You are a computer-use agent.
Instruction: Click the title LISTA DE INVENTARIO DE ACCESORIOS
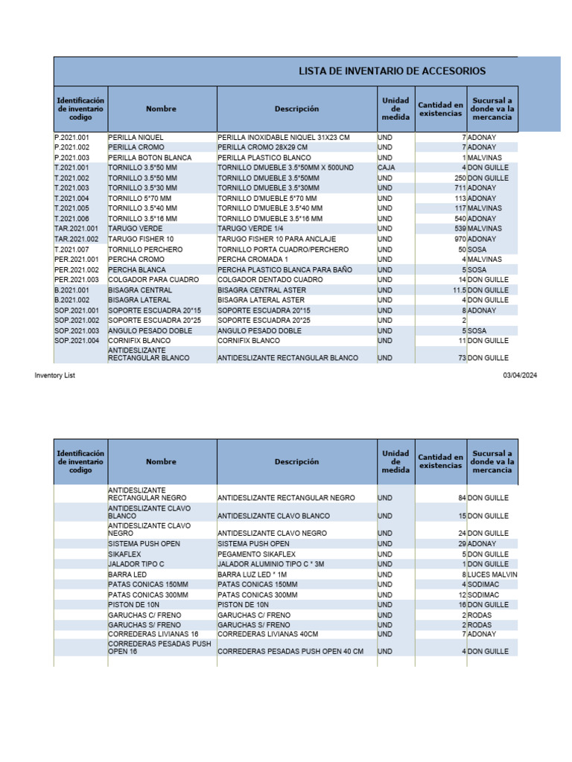(x=392, y=71)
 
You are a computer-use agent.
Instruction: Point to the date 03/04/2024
(x=520, y=376)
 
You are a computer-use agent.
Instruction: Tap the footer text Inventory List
(x=54, y=376)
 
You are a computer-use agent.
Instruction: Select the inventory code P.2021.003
(x=71, y=158)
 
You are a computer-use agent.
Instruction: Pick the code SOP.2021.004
(x=77, y=340)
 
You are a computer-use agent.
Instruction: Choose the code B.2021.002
(x=72, y=300)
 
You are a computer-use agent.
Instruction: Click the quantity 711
(x=460, y=188)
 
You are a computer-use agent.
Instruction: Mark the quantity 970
(x=460, y=239)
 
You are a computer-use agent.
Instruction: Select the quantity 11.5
(x=458, y=289)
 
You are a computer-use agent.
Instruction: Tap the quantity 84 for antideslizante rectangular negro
(x=462, y=498)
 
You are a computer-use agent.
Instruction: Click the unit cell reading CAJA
(x=387, y=168)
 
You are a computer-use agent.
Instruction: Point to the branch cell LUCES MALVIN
(x=492, y=574)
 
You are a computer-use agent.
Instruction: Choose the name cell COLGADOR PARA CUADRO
(x=153, y=279)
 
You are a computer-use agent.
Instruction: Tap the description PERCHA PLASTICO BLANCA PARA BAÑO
(x=285, y=269)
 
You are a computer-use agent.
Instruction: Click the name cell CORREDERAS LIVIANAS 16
(x=153, y=634)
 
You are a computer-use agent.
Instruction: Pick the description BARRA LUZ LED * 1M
(x=252, y=574)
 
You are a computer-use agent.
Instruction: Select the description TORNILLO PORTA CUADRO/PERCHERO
(x=283, y=249)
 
